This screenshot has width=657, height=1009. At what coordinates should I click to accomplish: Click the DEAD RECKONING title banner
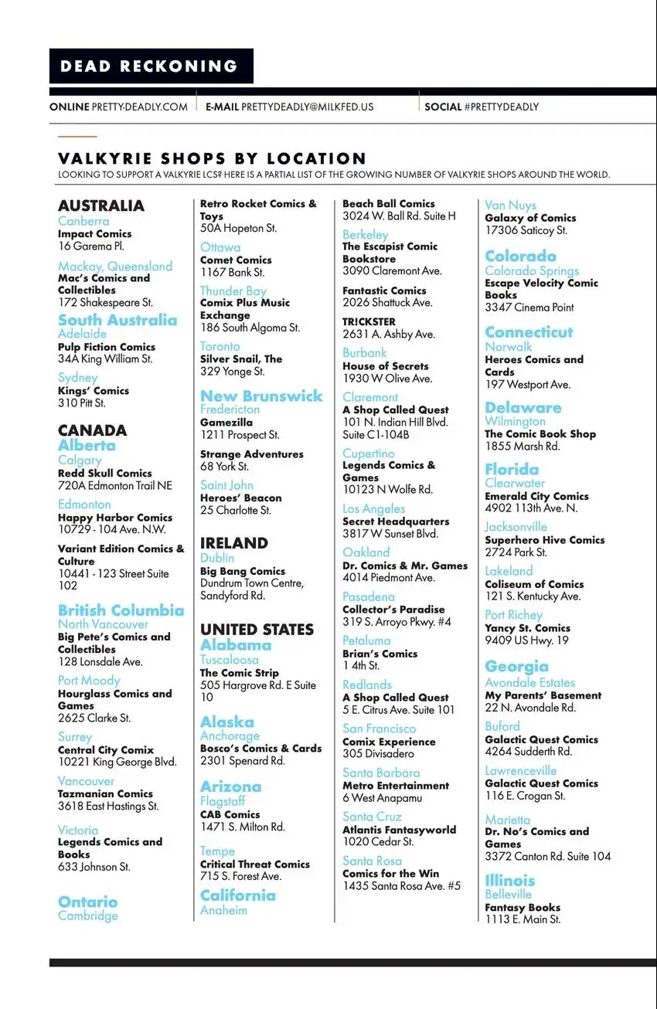pos(150,66)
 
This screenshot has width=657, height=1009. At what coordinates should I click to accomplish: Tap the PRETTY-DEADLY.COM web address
pos(139,107)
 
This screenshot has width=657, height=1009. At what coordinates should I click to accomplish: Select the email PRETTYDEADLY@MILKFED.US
pos(307,107)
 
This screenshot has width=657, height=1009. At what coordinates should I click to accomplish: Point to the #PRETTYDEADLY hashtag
pos(502,107)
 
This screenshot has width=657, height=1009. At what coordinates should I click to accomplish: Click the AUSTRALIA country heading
pos(101,206)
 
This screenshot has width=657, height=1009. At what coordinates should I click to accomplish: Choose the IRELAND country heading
pos(234,543)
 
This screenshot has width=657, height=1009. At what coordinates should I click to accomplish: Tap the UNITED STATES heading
pos(257,630)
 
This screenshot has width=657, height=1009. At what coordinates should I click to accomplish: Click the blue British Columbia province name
pos(121,610)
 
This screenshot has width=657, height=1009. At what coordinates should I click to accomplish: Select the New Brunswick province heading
pos(261,396)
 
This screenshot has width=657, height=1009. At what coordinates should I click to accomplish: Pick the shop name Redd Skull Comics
pos(105,473)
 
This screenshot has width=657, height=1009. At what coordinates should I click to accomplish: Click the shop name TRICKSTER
pos(369,321)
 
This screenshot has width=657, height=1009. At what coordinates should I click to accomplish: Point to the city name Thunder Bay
pos(233,290)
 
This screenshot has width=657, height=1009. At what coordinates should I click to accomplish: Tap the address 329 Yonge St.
pos(232,372)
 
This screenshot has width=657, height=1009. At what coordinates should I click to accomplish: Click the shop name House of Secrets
pos(385,365)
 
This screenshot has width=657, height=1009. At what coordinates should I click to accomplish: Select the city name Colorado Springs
pos(532,270)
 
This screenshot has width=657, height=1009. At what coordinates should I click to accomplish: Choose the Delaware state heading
pos(523,407)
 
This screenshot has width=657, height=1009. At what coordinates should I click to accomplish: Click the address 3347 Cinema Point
pos(529,307)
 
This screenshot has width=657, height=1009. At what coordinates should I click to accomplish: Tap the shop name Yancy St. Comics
pos(527,628)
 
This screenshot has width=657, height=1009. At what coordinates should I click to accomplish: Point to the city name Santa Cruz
pos(373,816)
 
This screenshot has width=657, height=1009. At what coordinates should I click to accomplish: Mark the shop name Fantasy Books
pos(523,907)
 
